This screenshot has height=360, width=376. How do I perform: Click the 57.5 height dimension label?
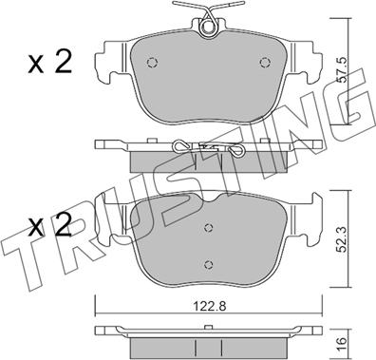tap(341, 70)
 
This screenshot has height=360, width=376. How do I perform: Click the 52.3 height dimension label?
tap(341, 238)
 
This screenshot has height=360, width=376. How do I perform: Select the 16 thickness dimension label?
tap(341, 342)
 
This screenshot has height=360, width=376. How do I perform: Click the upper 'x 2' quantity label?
tap(50, 63)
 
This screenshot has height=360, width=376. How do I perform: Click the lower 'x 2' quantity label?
tap(49, 224)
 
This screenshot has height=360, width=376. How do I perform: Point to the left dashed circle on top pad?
tap(152, 63)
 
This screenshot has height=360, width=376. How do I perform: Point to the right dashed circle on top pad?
tap(264, 63)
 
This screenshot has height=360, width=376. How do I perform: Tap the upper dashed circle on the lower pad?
tap(208, 227)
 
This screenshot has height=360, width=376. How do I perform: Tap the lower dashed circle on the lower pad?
tap(208, 264)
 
